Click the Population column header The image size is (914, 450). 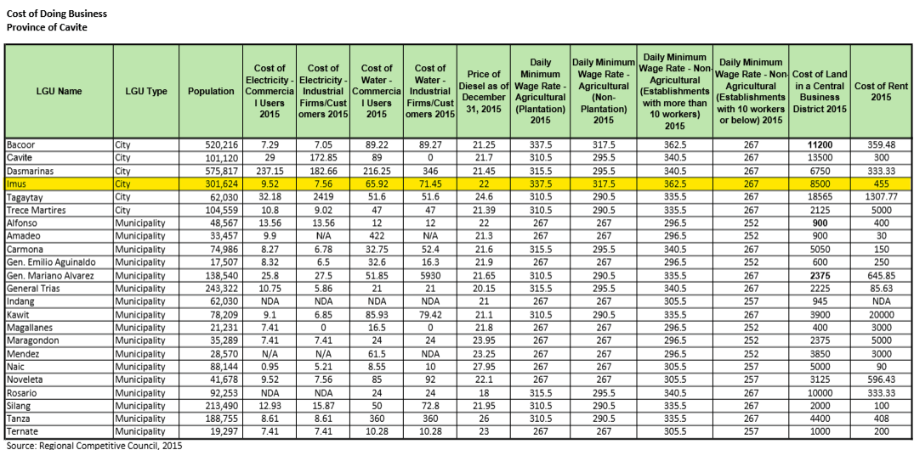211,92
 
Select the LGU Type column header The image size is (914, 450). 145,92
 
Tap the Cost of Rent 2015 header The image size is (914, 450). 881,92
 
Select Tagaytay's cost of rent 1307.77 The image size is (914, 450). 881,195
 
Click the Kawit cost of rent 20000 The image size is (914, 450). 881,314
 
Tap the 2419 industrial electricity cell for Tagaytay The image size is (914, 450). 323,195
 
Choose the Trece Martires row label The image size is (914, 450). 34,208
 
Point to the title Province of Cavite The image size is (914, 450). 47,27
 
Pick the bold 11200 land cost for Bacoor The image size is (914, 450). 820,145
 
